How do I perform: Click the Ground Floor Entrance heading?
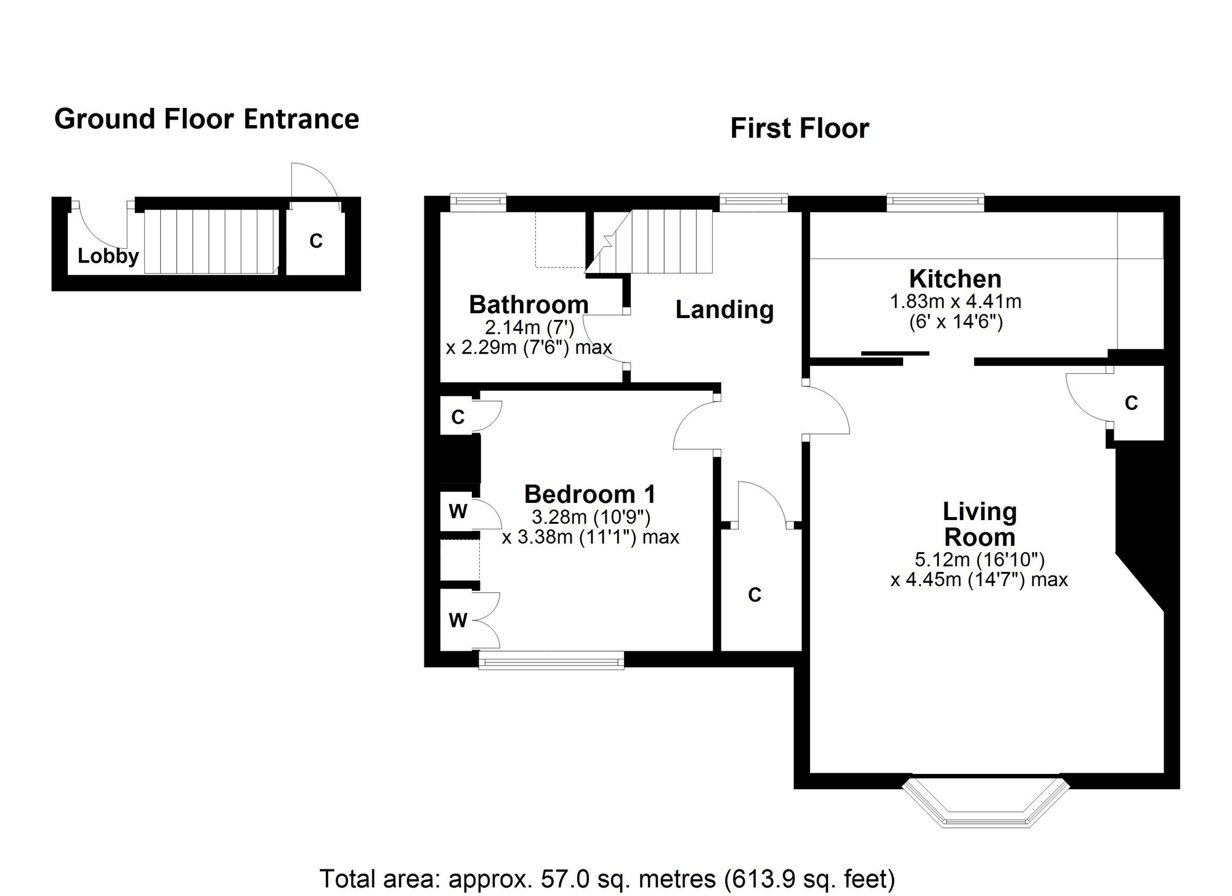(206, 119)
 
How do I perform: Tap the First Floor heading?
(799, 129)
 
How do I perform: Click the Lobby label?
(108, 256)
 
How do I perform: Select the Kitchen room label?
(955, 279)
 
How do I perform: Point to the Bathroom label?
(529, 304)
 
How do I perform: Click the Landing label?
(724, 309)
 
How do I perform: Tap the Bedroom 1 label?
(590, 494)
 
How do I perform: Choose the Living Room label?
(979, 524)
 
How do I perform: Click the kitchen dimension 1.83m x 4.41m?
(955, 302)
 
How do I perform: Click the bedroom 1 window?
(551, 662)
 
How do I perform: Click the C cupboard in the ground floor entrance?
(315, 242)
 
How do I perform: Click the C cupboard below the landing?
(755, 594)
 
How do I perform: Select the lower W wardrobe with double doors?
(458, 620)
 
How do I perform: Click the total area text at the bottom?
(607, 878)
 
